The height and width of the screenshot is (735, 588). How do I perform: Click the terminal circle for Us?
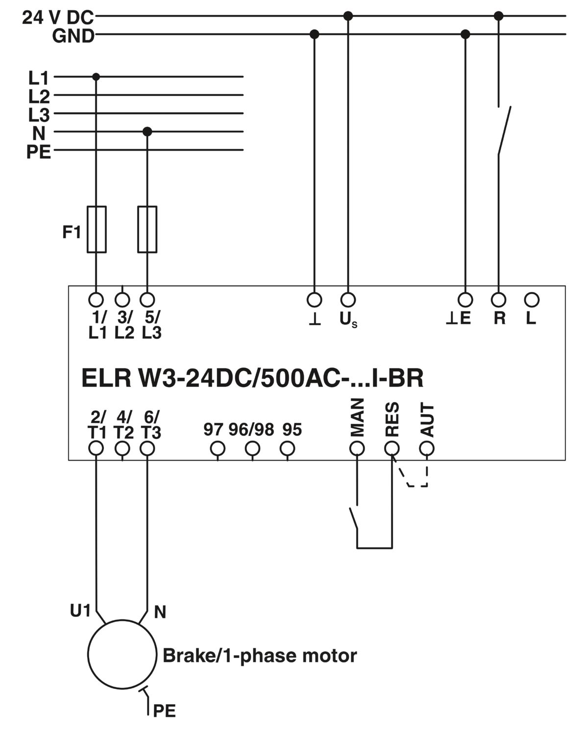coord(348,300)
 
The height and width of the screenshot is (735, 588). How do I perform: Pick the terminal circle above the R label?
coord(498,300)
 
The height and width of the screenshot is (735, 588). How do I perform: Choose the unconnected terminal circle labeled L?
coord(532,300)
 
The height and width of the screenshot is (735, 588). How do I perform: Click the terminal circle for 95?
coord(287,448)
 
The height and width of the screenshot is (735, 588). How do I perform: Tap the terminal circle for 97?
coord(218,448)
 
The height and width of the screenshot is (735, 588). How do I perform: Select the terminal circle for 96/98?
coord(252,448)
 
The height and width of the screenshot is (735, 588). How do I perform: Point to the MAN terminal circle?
coord(357,448)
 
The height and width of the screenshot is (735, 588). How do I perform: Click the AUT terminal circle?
coord(427,448)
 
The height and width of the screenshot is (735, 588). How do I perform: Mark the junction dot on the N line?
coord(147,131)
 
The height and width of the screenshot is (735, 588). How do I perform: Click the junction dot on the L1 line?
coord(96,77)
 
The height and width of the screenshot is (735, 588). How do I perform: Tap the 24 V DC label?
coord(58,17)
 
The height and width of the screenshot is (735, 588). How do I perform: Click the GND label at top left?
coord(73,36)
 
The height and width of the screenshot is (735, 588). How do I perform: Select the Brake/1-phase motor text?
coord(260,656)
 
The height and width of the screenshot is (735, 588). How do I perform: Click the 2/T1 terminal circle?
coord(96,448)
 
